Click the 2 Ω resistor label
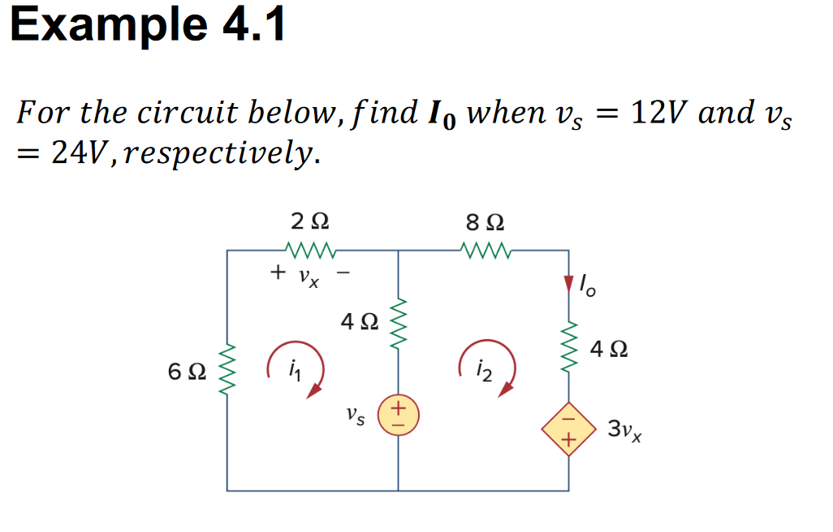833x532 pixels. (x=309, y=221)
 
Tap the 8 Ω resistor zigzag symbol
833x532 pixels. (x=486, y=249)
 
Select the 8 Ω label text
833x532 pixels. (x=485, y=221)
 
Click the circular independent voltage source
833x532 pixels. (x=398, y=413)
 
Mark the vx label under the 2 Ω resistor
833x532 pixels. (x=308, y=278)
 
